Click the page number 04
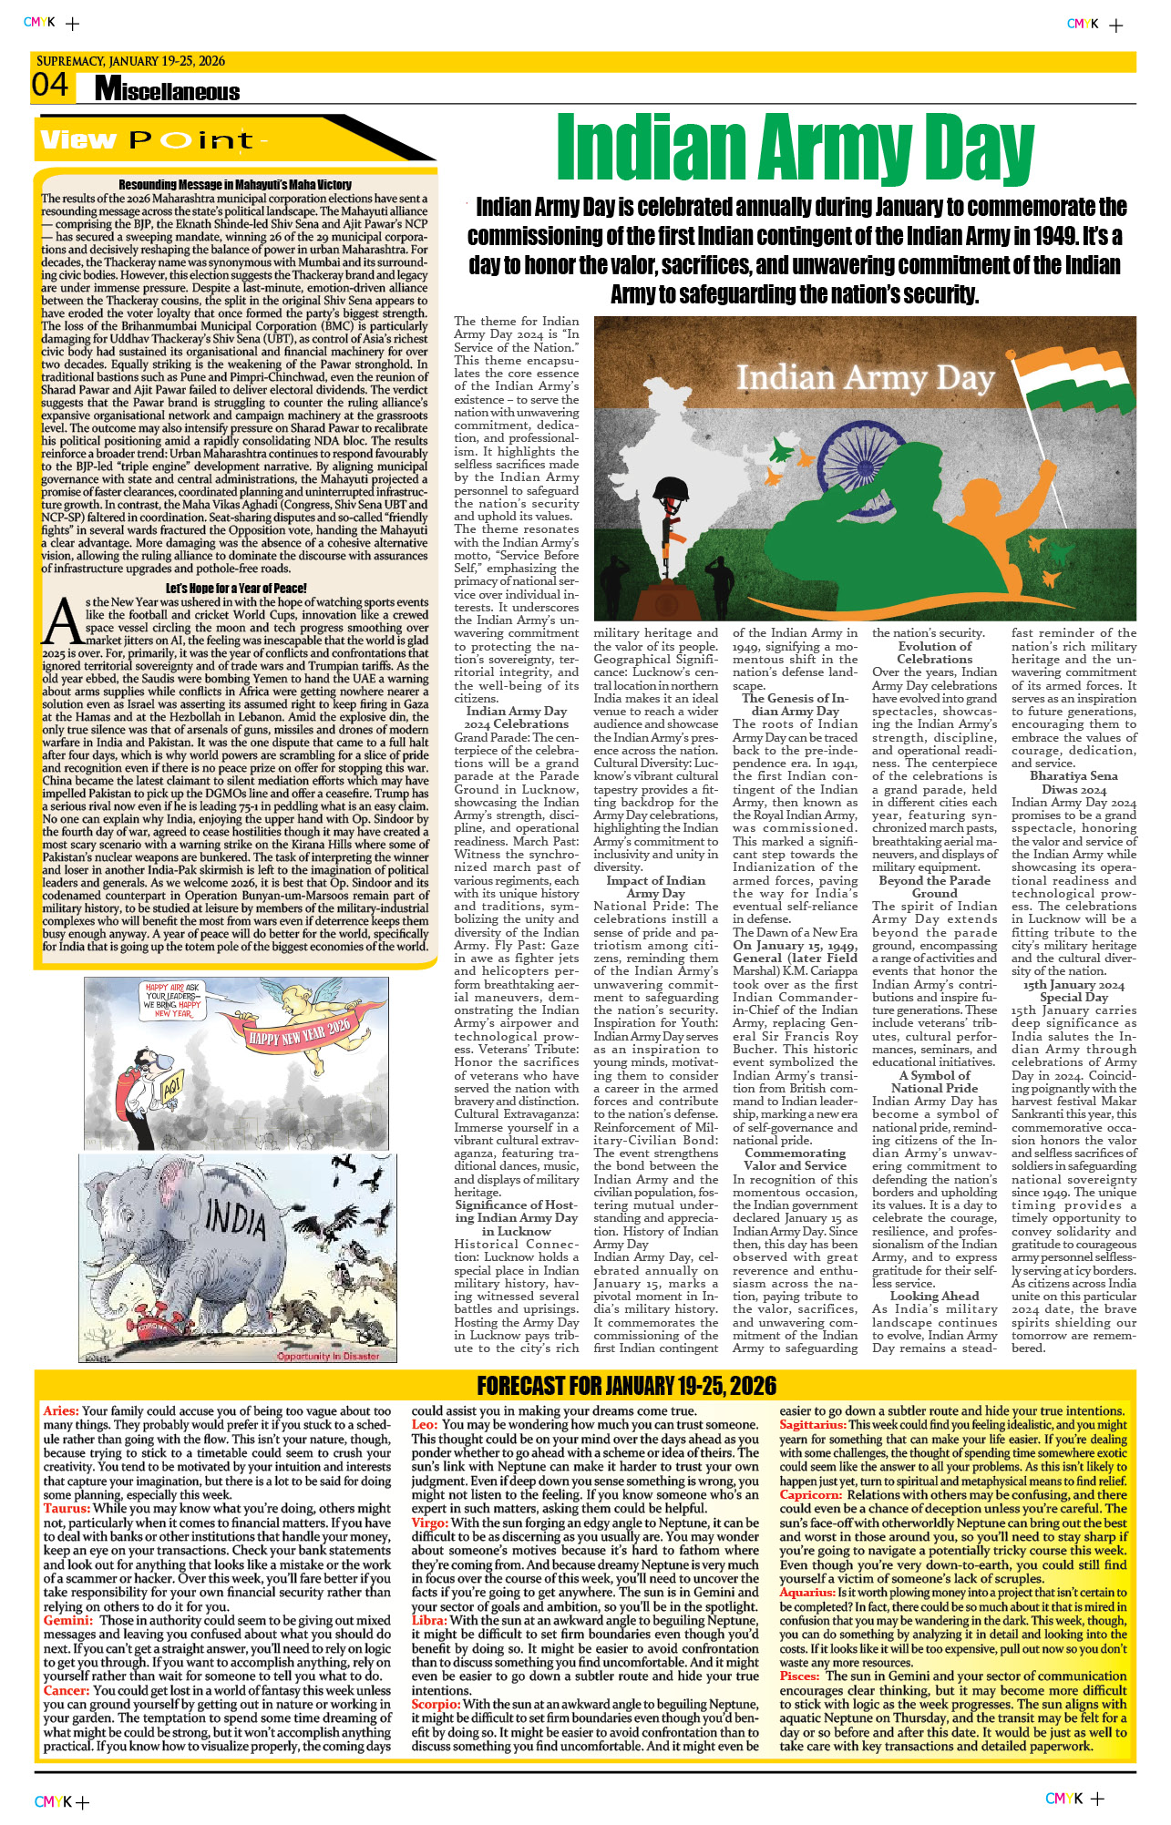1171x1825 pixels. pos(50,86)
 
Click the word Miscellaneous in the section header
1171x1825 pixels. pos(168,90)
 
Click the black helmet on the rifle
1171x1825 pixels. pos(674,488)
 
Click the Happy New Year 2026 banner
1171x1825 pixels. pos(300,1032)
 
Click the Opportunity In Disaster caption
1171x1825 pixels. pos(328,1356)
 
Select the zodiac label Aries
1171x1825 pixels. pos(60,1411)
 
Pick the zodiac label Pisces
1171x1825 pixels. pos(799,1676)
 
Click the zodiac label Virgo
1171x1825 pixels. pos(429,1523)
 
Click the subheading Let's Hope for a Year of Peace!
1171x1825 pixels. pos(236,588)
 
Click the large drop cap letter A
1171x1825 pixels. pos(63,621)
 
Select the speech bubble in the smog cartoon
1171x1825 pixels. pos(173,1000)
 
